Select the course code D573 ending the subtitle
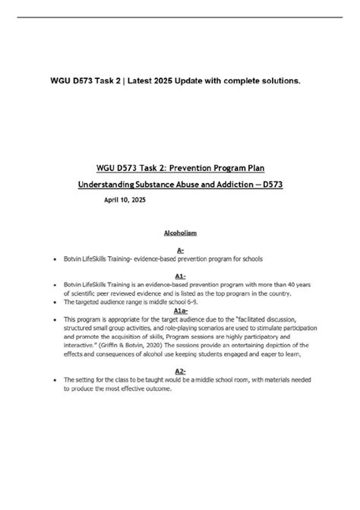[x=267, y=184]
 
